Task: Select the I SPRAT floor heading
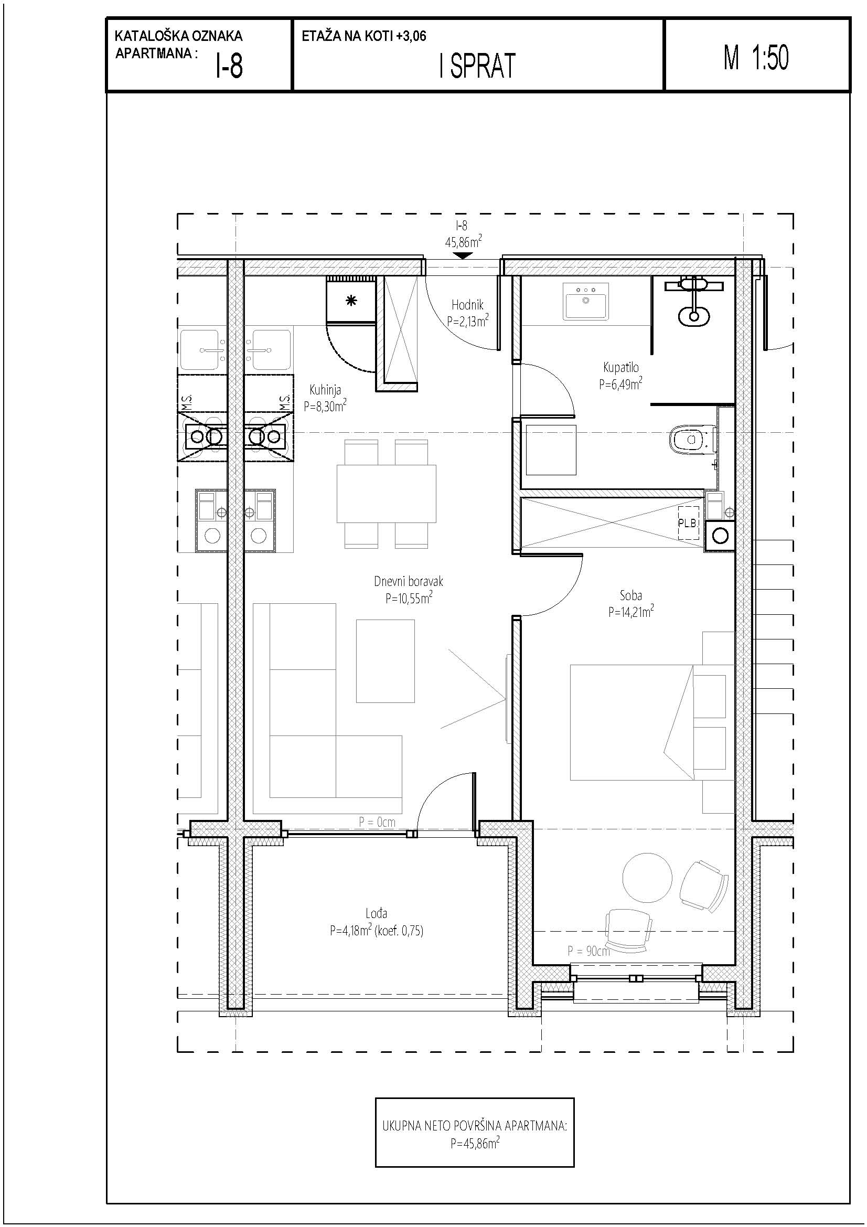478,66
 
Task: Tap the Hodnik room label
467,305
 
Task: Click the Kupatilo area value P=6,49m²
620,383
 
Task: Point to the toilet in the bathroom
693,440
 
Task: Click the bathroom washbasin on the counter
586,302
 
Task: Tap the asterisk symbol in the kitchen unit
351,302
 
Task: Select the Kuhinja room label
325,391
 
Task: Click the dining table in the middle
386,494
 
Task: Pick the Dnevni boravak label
409,581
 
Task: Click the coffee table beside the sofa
386,660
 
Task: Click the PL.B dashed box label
688,523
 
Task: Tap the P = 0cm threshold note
377,822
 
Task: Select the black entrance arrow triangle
462,255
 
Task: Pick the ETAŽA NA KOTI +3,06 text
365,36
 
